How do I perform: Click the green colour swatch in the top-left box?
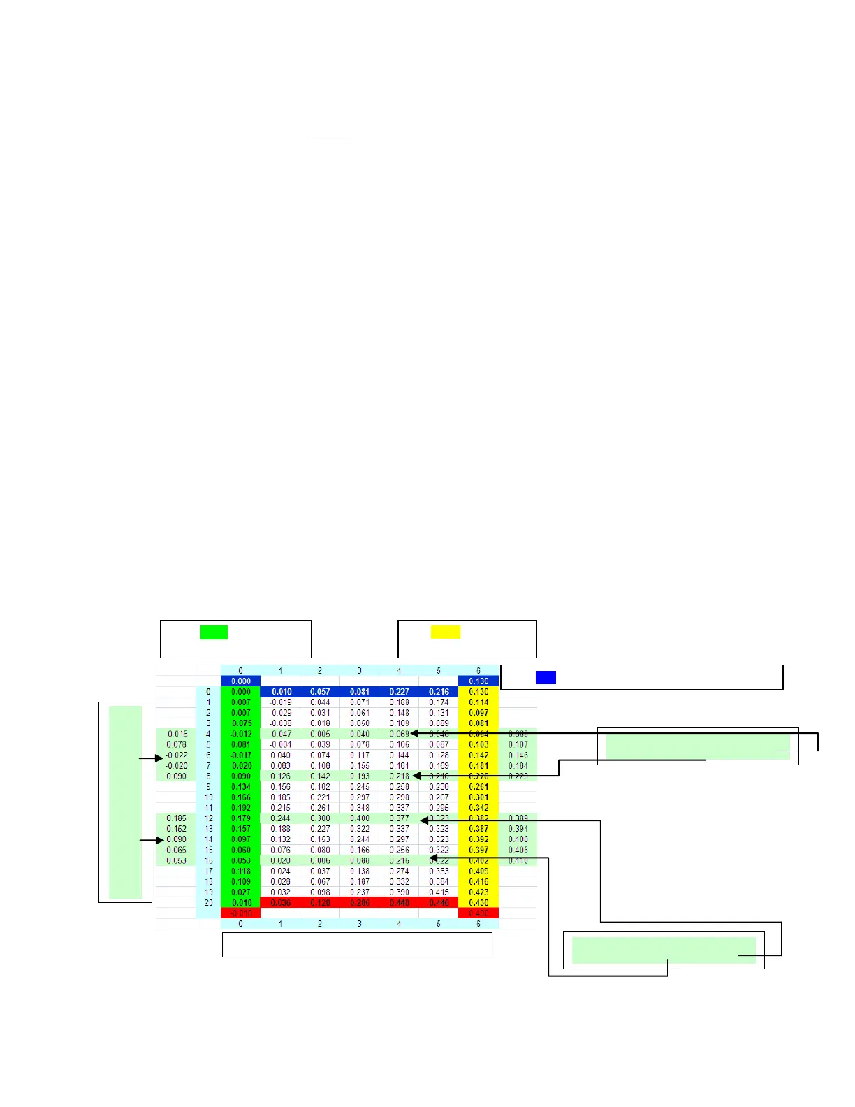point(214,632)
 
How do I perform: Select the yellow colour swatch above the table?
point(445,632)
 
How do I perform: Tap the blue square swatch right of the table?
point(546,677)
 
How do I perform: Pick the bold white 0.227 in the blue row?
point(399,692)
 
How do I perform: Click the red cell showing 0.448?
point(399,903)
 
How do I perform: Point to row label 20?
point(208,903)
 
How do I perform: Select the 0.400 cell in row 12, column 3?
point(360,818)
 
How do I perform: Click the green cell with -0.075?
point(241,723)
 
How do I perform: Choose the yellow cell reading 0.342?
point(478,808)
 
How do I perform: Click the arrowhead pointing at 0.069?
point(414,733)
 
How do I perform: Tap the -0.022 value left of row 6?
point(177,755)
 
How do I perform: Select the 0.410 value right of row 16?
point(518,861)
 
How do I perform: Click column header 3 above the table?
point(360,671)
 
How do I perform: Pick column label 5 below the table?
point(439,924)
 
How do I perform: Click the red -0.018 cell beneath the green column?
point(241,913)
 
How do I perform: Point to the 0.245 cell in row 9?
point(360,787)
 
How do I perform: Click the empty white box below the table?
point(357,945)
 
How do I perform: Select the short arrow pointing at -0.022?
point(151,758)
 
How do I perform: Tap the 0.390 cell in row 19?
point(399,892)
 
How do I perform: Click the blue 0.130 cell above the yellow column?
point(478,681)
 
